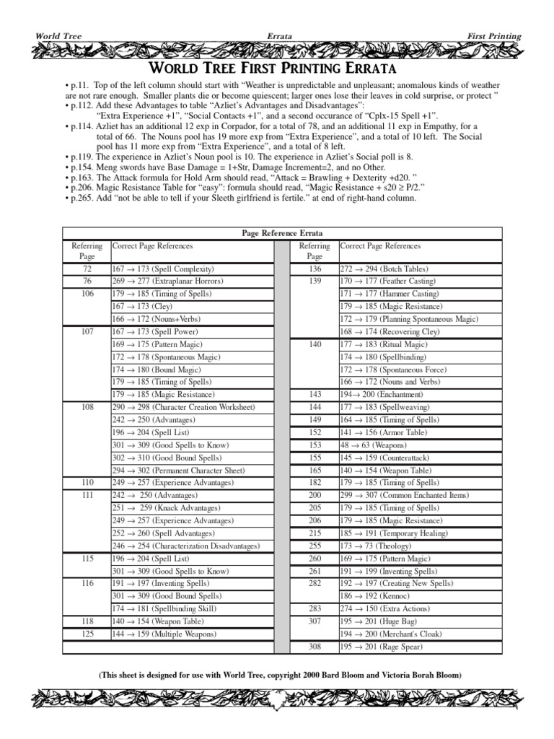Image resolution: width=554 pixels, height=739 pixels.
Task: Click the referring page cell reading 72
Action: (x=87, y=268)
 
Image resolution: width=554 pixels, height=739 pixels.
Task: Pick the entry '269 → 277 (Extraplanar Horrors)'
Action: (x=167, y=281)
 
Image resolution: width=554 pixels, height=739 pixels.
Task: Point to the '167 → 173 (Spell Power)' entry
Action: (x=156, y=331)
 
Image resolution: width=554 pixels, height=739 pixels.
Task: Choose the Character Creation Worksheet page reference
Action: (x=183, y=407)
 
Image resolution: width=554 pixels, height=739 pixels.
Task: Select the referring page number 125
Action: (x=87, y=634)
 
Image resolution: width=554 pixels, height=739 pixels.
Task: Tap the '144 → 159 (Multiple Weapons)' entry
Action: (x=164, y=634)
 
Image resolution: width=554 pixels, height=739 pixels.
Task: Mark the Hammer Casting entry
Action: (x=389, y=294)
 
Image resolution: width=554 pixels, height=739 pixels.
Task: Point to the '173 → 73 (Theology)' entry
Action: (x=379, y=546)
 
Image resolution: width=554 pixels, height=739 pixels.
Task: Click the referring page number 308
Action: (x=315, y=647)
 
